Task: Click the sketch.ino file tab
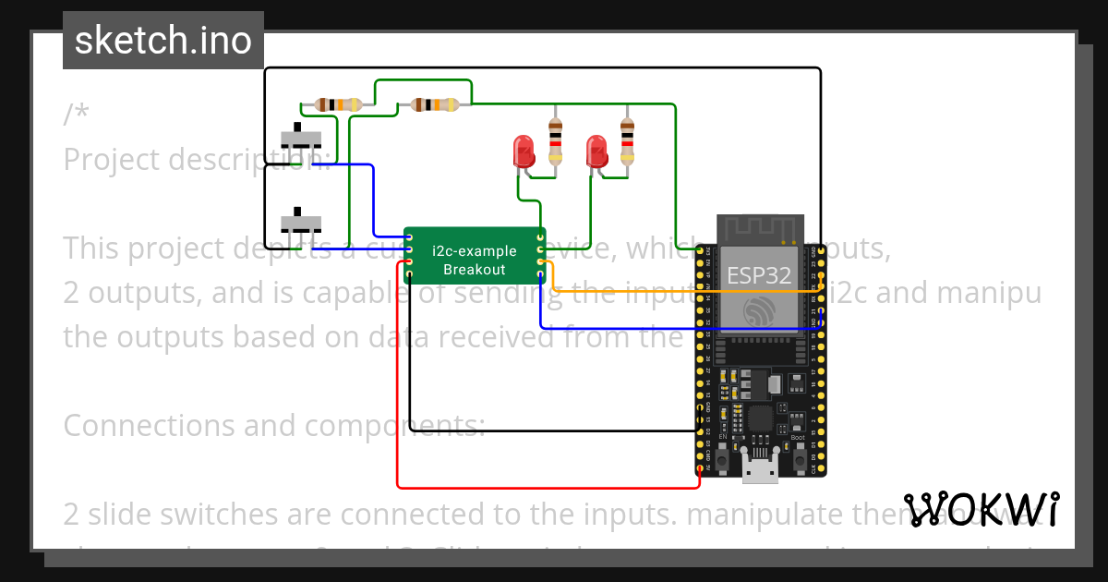coord(163,41)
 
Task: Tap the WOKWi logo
coord(981,509)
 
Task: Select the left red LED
coord(524,151)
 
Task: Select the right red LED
coord(597,151)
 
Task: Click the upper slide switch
coord(301,139)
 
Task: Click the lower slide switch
coord(301,223)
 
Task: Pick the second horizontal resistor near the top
coord(433,104)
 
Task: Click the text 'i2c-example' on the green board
coord(475,250)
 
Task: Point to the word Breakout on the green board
coord(475,269)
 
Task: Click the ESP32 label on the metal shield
coord(759,274)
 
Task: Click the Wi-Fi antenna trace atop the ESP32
coord(759,228)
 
